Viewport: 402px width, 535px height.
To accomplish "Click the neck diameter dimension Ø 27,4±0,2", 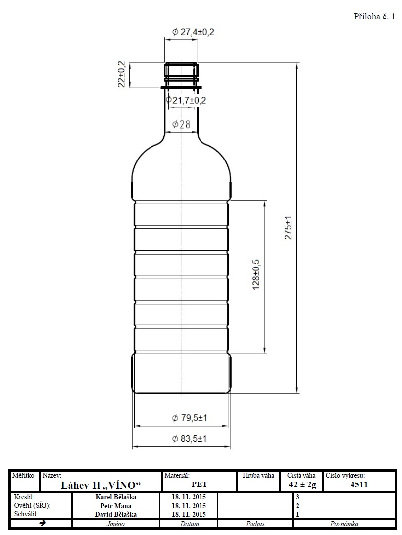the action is pos(194,32).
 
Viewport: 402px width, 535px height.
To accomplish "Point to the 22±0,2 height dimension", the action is pos(121,74).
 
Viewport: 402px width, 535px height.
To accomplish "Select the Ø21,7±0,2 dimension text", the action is pos(186,100).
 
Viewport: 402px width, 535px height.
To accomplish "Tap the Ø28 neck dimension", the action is pos(181,124).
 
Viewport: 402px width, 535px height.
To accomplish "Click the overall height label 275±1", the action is pos(288,227).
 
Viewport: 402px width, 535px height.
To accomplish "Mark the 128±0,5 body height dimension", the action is pos(256,274).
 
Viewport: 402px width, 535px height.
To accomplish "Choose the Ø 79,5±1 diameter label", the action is pos(190,418).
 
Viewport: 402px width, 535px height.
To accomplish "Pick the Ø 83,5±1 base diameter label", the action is pos(190,439).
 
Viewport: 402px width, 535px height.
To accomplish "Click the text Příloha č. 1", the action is pos(374,17).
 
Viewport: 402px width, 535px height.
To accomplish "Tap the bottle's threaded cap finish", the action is pos(181,73).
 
